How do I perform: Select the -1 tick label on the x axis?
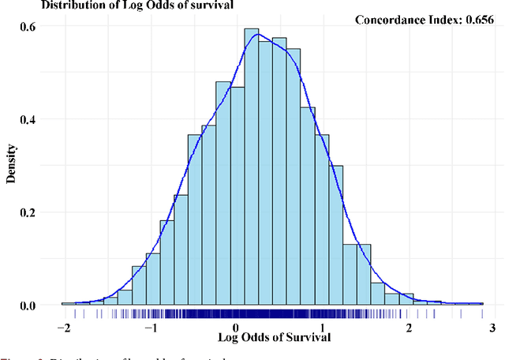pos(148,328)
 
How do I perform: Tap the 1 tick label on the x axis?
pos(322,328)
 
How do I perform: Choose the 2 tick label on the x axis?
pos(409,328)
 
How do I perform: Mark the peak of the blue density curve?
pos(257,35)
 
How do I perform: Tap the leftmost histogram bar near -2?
pos(69,304)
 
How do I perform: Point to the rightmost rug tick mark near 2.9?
pos(483,313)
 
